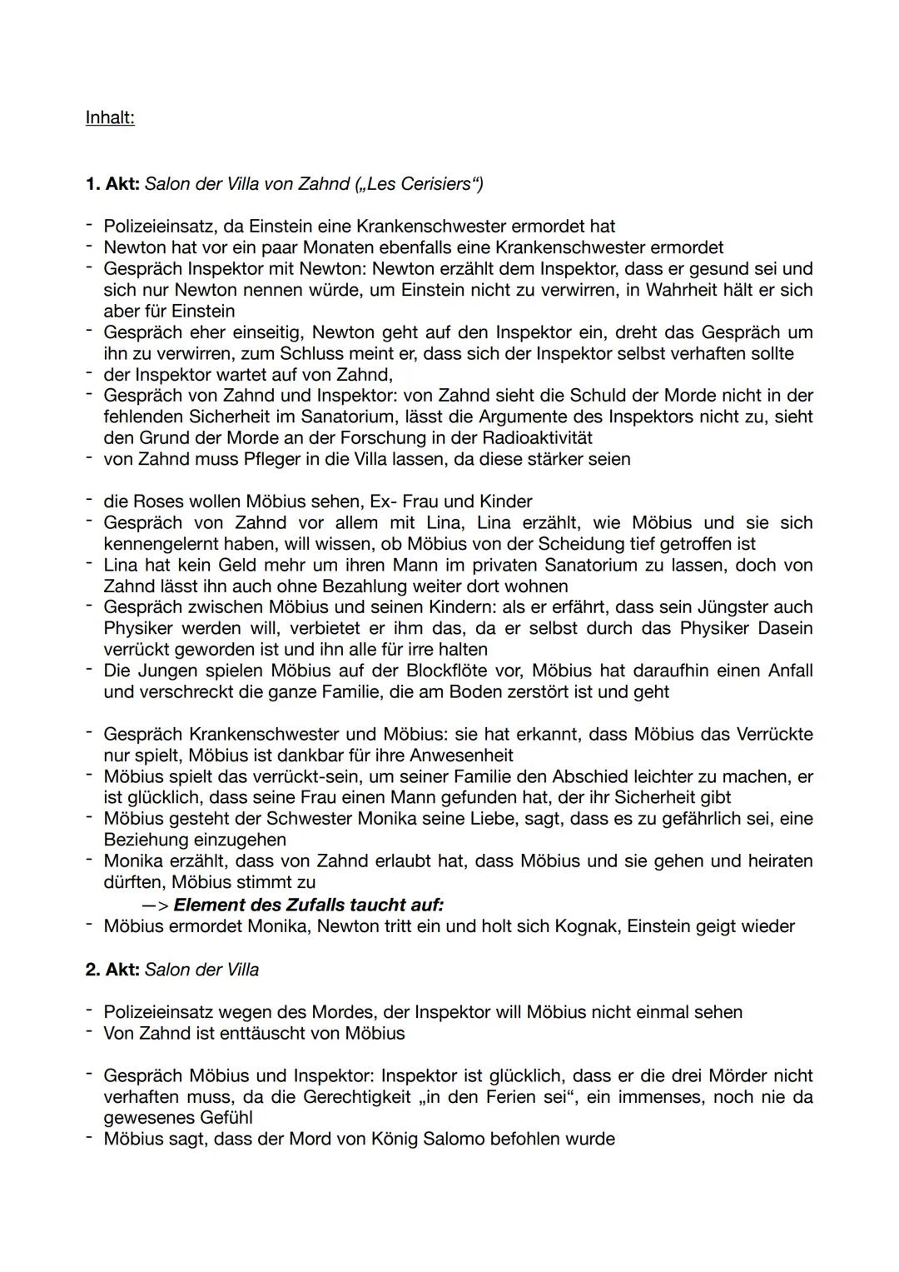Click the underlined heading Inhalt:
click(110, 118)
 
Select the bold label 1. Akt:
click(112, 184)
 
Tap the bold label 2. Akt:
click(112, 970)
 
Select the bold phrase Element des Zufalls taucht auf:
click(308, 905)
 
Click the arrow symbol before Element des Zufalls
click(155, 905)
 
